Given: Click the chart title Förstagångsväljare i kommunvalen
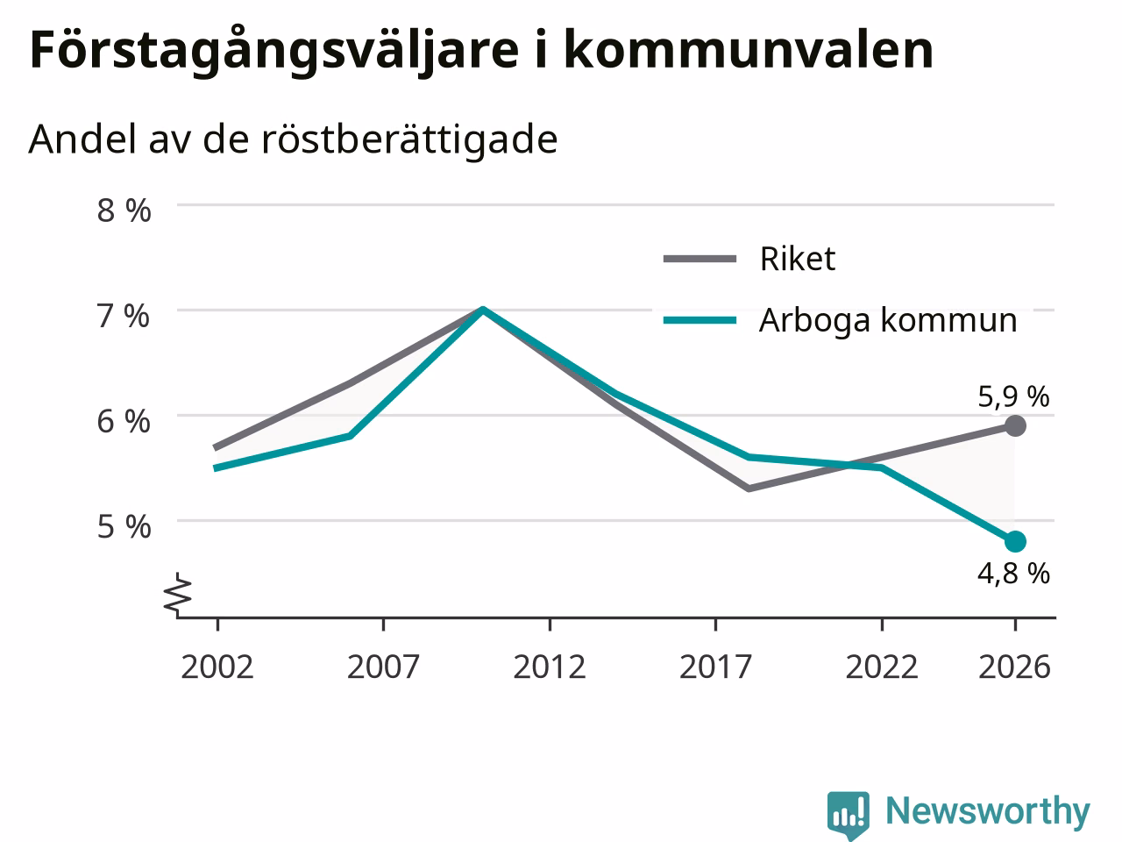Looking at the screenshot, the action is pyautogui.click(x=481, y=51).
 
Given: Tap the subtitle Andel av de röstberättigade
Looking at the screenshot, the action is pyautogui.click(x=293, y=139).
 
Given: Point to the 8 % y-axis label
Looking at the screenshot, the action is pyautogui.click(x=124, y=210).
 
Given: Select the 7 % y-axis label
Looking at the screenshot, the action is pyautogui.click(x=124, y=316).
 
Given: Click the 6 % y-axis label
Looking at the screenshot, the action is pyautogui.click(x=124, y=422).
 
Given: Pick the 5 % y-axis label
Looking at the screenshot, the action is pyautogui.click(x=124, y=526).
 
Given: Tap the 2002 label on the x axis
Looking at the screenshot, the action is pyautogui.click(x=217, y=667).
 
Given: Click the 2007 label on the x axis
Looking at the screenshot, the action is pyautogui.click(x=383, y=667).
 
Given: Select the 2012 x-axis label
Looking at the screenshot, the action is pyautogui.click(x=550, y=667).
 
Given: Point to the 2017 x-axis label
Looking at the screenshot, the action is pyautogui.click(x=715, y=667).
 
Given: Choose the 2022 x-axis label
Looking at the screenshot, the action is pyautogui.click(x=882, y=667).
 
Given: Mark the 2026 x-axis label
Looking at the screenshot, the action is pyautogui.click(x=1015, y=667).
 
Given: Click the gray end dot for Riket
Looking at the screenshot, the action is pyautogui.click(x=1015, y=425).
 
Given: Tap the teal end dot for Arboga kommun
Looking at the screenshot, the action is pyautogui.click(x=1015, y=541).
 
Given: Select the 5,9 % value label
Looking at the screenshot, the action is pyautogui.click(x=1013, y=396).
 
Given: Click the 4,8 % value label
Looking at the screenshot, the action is pyautogui.click(x=1013, y=574).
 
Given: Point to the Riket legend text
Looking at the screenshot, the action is pyautogui.click(x=798, y=259).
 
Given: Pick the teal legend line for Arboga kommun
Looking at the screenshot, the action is pyautogui.click(x=699, y=321).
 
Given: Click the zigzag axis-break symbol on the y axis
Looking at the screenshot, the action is pyautogui.click(x=177, y=593).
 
